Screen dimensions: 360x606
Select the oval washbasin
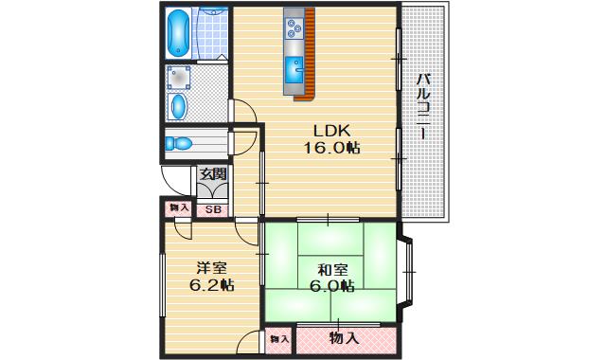(178, 104)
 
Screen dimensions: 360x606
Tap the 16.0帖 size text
(331, 148)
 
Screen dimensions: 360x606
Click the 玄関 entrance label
(213, 174)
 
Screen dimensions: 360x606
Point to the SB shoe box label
(213, 208)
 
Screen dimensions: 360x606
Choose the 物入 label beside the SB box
(178, 207)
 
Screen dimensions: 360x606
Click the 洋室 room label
(211, 266)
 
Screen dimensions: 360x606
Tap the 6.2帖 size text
(211, 284)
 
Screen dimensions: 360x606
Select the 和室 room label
(331, 268)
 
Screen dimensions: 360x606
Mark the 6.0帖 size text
(331, 285)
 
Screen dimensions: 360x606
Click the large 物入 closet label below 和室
(344, 337)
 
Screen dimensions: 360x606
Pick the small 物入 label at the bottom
(278, 337)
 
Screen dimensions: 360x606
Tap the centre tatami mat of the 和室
(331, 276)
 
